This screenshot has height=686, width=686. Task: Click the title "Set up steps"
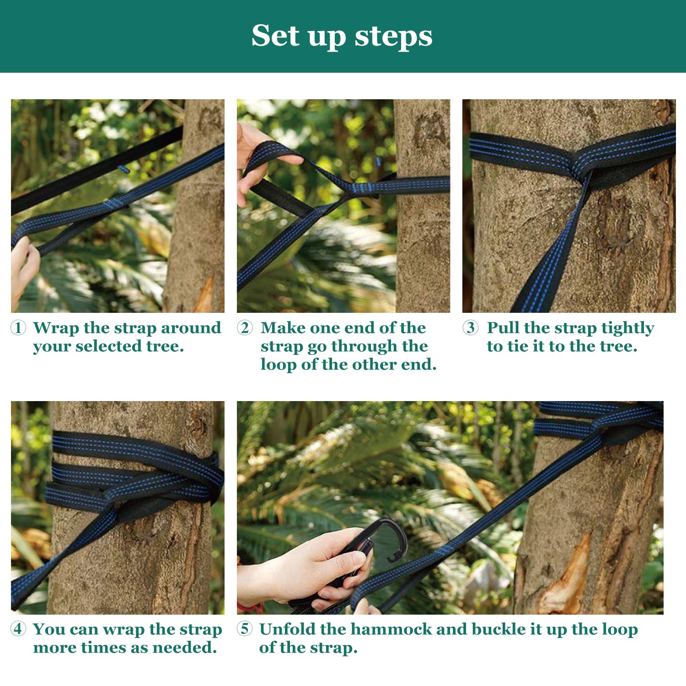342,36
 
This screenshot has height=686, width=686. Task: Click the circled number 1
18,327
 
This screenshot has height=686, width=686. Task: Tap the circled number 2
245,327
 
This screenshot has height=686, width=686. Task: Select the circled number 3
471,327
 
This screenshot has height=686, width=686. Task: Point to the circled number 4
18,629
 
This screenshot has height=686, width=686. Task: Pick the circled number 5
245,629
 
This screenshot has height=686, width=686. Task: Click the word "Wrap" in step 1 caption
55,328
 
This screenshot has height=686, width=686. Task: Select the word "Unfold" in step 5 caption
287,629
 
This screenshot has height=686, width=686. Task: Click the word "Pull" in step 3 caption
503,327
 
